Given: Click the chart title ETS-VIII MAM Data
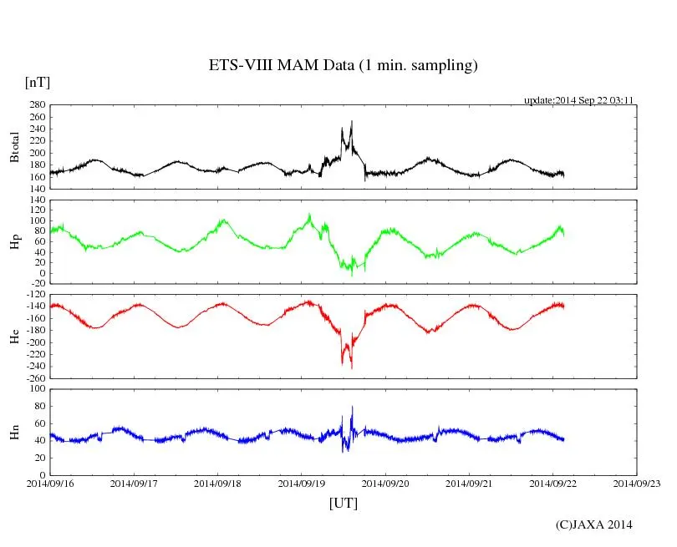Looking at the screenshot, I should coord(343,66).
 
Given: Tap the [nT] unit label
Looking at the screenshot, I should coord(37,82).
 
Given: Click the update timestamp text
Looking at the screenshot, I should coord(579,100).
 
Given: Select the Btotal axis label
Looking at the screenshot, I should coord(14,146).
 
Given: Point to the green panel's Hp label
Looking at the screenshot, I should coord(14,242).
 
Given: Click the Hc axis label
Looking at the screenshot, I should coord(14,337).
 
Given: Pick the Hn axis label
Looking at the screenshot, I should coord(14,432).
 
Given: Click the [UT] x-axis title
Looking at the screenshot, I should coord(343,503).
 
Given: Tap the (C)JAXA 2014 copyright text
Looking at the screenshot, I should coord(593,524).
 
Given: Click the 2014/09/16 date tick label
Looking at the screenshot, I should coord(50,483).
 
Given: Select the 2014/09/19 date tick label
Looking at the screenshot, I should coord(302,483).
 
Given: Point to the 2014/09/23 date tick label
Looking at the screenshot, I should coord(637,483).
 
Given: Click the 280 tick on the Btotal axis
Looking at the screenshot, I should coord(36,105).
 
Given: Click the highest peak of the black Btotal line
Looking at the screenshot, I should coord(352,121).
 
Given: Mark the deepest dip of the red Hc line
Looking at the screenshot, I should coord(352,368).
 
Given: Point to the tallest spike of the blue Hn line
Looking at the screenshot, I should coord(353,406).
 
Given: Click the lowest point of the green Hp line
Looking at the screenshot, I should coord(352,276).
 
